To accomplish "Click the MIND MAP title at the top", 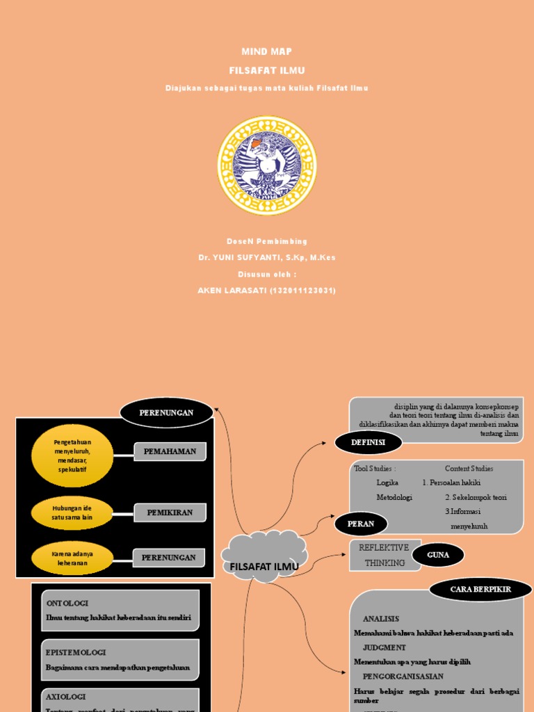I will (x=266, y=51).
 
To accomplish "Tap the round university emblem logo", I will (x=267, y=165).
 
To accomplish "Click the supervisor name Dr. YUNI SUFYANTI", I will (x=266, y=257).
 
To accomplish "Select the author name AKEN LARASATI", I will (x=266, y=291).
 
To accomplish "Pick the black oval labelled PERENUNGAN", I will (x=166, y=413).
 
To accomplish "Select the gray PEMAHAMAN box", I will (x=170, y=452).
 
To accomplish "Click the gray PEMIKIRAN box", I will (x=170, y=513).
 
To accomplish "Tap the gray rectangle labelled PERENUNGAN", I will (x=168, y=558).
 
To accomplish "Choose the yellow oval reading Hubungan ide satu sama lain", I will (x=72, y=513).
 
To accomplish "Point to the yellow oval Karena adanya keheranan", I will (x=72, y=558).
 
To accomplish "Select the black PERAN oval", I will (x=360, y=524).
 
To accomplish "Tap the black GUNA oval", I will (x=438, y=555).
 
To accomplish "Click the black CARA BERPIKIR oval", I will (x=480, y=590).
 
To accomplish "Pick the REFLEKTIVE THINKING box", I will (x=384, y=555).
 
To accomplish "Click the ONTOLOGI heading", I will (x=67, y=604).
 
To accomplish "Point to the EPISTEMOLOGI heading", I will (x=76, y=652).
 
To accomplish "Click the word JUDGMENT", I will (x=385, y=647).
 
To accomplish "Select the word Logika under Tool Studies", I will (x=387, y=483).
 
